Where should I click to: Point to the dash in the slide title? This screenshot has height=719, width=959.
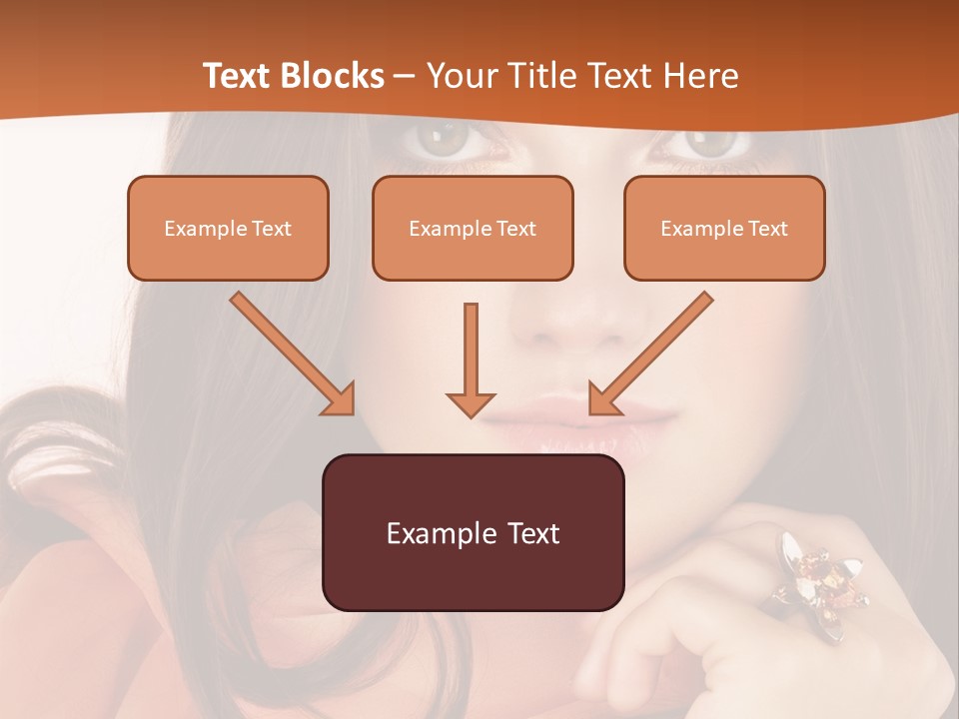point(406,76)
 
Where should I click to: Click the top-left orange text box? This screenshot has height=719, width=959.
point(228,228)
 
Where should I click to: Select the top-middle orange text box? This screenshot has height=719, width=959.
point(473,228)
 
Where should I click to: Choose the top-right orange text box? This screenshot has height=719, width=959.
point(724,228)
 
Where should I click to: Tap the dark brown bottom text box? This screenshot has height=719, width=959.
point(473,532)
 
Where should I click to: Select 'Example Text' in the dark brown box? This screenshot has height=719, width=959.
point(473,533)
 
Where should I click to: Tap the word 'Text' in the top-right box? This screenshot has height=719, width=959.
point(767,229)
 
